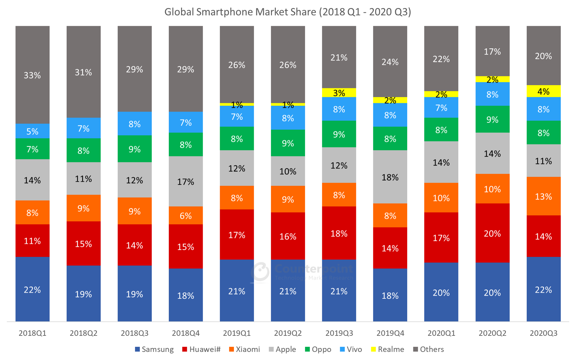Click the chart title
tap(287, 12)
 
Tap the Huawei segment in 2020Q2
tap(492, 233)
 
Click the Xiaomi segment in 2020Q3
tap(543, 196)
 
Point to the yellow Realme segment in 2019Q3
tap(339, 93)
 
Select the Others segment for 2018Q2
tap(83, 72)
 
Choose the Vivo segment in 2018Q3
tap(135, 124)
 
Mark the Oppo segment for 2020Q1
tap(441, 130)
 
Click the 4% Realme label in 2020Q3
tap(543, 92)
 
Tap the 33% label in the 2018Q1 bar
tap(33, 75)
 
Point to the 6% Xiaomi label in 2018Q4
tap(186, 215)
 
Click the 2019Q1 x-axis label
tap(237, 333)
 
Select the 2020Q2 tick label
tap(492, 333)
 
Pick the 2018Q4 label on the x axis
tap(186, 333)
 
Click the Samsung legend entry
tap(154, 349)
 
